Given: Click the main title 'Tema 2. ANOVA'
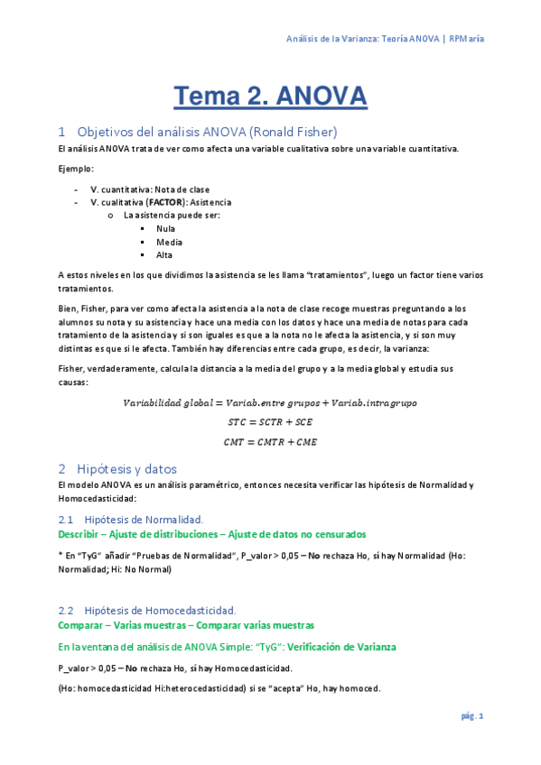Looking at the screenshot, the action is point(270,96).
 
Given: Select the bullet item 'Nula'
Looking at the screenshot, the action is point(165,228).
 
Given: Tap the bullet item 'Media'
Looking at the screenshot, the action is point(169,242).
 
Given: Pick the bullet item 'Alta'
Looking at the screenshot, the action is point(164,255).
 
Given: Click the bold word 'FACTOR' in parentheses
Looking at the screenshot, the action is point(165,203).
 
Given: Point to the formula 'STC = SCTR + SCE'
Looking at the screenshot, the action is point(270,421).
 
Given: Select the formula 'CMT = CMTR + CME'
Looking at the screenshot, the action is point(270,441).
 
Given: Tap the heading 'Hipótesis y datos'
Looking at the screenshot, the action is point(126,469).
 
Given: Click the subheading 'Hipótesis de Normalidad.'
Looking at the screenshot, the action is point(143,520).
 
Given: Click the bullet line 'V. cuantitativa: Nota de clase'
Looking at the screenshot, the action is point(149,189).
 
